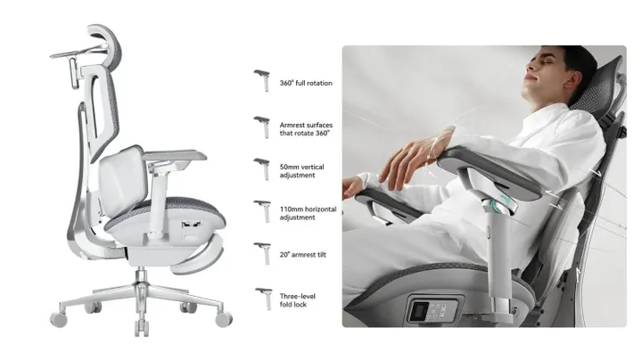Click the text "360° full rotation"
(306, 83)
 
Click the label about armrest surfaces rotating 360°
(305, 128)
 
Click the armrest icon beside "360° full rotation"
(262, 78)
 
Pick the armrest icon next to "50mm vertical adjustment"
(262, 167)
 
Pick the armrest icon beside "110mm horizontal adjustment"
(262, 209)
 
